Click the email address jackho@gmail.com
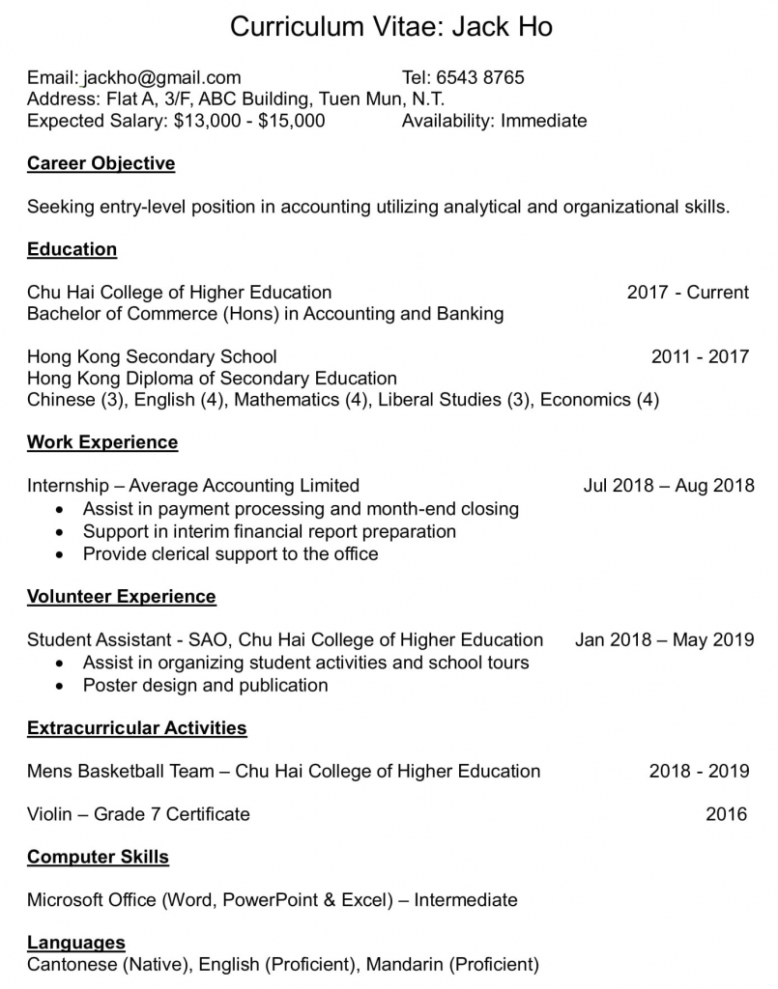(161, 78)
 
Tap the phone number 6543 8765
(479, 78)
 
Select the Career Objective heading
(101, 163)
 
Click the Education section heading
(72, 249)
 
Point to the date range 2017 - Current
(687, 293)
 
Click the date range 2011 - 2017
(700, 356)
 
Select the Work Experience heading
(102, 442)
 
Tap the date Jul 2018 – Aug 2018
(668, 486)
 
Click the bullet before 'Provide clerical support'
(61, 555)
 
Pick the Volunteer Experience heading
(121, 597)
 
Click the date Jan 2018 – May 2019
(664, 639)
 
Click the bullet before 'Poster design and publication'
(61, 687)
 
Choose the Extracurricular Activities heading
(136, 728)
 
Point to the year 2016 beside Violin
(726, 814)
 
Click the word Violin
(49, 814)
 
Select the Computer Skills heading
(98, 858)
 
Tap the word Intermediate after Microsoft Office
(466, 900)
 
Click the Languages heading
(75, 943)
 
